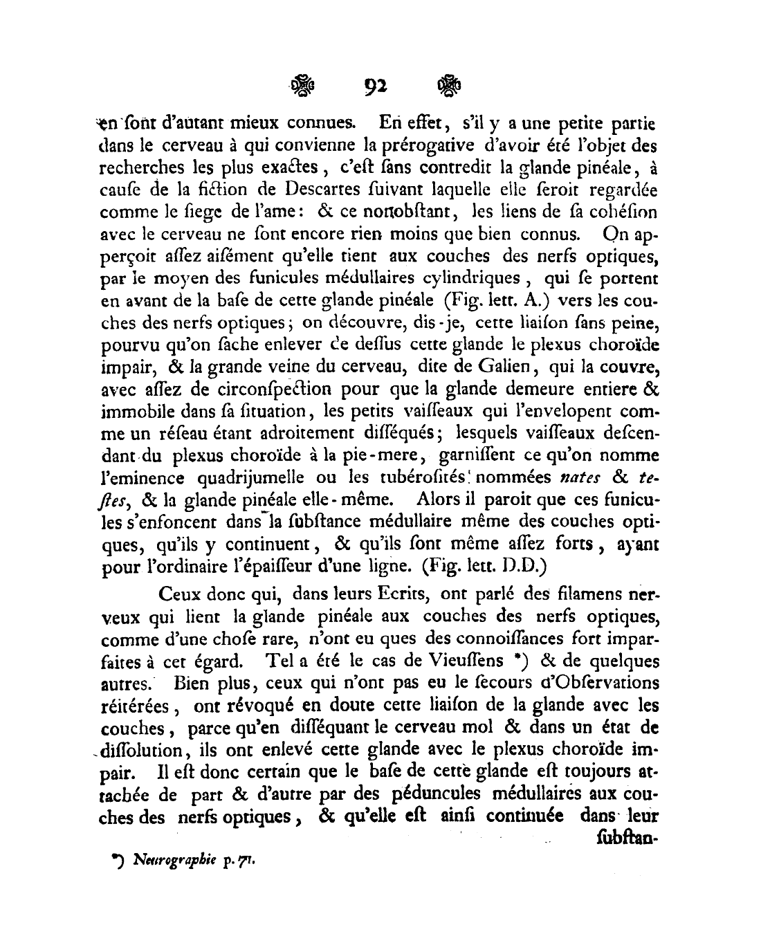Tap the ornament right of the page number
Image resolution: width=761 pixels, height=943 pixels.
pos(448,86)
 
